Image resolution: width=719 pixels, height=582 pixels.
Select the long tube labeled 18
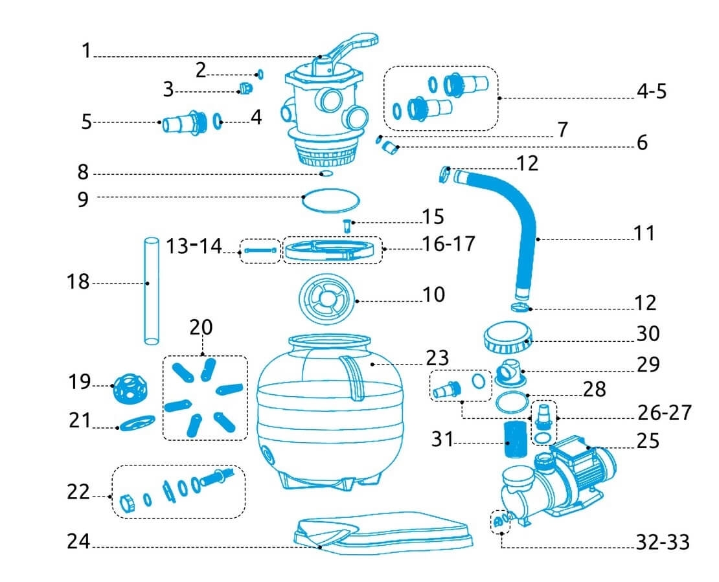pos(150,291)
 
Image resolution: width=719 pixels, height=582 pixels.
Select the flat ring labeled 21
pos(137,424)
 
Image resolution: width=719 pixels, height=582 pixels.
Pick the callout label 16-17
pos(448,244)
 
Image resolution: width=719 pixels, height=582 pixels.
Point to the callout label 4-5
pos(651,91)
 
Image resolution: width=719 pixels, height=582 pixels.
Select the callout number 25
pos(648,441)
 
